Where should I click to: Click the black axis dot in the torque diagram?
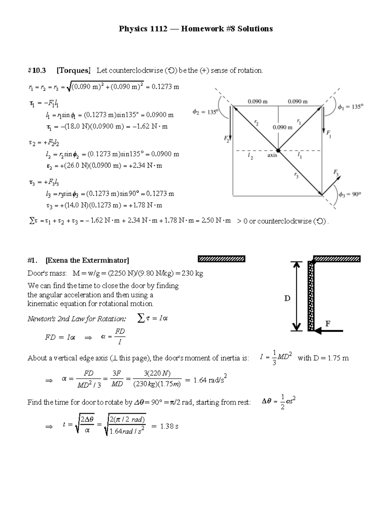pyautogui.click(x=278, y=151)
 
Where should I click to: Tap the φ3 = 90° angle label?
pyautogui.click(x=350, y=194)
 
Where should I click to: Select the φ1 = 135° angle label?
pyautogui.click(x=350, y=107)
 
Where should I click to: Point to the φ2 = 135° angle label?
pyautogui.click(x=205, y=112)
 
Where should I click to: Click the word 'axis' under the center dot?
pyautogui.click(x=272, y=155)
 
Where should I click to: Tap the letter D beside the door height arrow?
pyautogui.click(x=287, y=298)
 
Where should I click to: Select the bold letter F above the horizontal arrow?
pyautogui.click(x=328, y=324)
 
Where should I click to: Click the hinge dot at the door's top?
pyautogui.click(x=314, y=261)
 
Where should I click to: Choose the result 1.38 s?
pyautogui.click(x=169, y=426)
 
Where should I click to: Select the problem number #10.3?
pyautogui.click(x=37, y=71)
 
